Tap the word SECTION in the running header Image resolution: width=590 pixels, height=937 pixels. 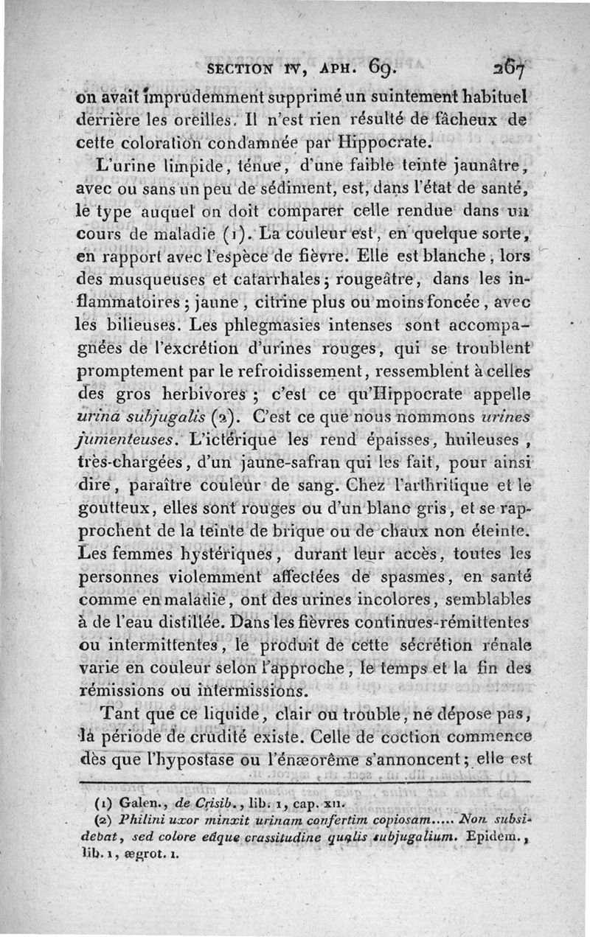[x=241, y=72]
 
